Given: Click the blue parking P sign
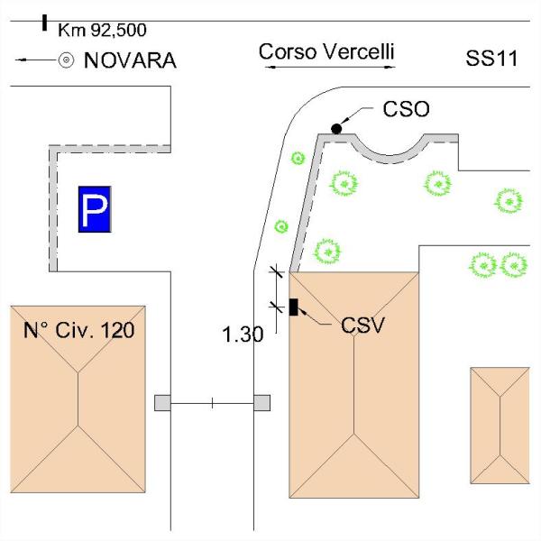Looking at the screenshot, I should click(x=94, y=211).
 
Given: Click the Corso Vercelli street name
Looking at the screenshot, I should click(x=326, y=51).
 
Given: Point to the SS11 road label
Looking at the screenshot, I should click(x=491, y=60).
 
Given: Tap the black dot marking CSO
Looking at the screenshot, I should click(x=336, y=129).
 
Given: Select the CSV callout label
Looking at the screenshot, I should click(x=363, y=325).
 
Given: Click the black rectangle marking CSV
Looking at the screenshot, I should click(x=294, y=307).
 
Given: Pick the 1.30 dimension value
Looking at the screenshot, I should click(x=243, y=335).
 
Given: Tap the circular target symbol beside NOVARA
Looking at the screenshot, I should click(x=66, y=60).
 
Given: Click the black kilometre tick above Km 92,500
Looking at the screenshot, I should click(x=44, y=21).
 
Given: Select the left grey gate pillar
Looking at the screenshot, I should click(x=162, y=403).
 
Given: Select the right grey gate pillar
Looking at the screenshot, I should click(x=262, y=403).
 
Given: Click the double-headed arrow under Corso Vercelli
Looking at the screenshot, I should click(x=326, y=69).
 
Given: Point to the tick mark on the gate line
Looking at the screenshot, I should click(x=212, y=403).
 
